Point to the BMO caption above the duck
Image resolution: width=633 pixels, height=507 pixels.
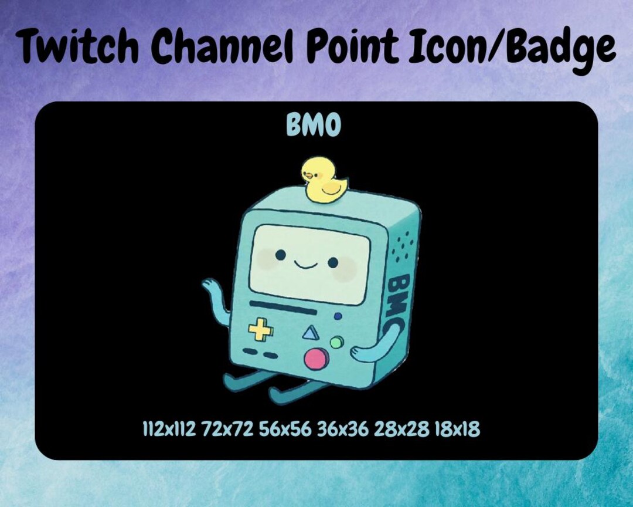pyautogui.click(x=313, y=125)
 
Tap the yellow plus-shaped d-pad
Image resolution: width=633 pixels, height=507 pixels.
pyautogui.click(x=260, y=332)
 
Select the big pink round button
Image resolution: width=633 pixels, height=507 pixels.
pyautogui.click(x=316, y=358)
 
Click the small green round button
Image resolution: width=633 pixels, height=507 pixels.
pyautogui.click(x=336, y=342)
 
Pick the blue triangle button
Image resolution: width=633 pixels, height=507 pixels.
pyautogui.click(x=309, y=334)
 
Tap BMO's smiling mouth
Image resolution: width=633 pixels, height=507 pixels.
pyautogui.click(x=305, y=264)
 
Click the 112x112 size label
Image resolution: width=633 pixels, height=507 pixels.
pyautogui.click(x=169, y=430)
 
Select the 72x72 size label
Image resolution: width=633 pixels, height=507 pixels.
pyautogui.click(x=227, y=430)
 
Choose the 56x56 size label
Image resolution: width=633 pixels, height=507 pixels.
pyautogui.click(x=285, y=430)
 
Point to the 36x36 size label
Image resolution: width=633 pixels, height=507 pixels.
pyautogui.click(x=343, y=430)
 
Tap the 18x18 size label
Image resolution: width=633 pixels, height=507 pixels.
pyautogui.click(x=457, y=430)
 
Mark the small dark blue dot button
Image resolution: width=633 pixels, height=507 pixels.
pyautogui.click(x=338, y=316)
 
